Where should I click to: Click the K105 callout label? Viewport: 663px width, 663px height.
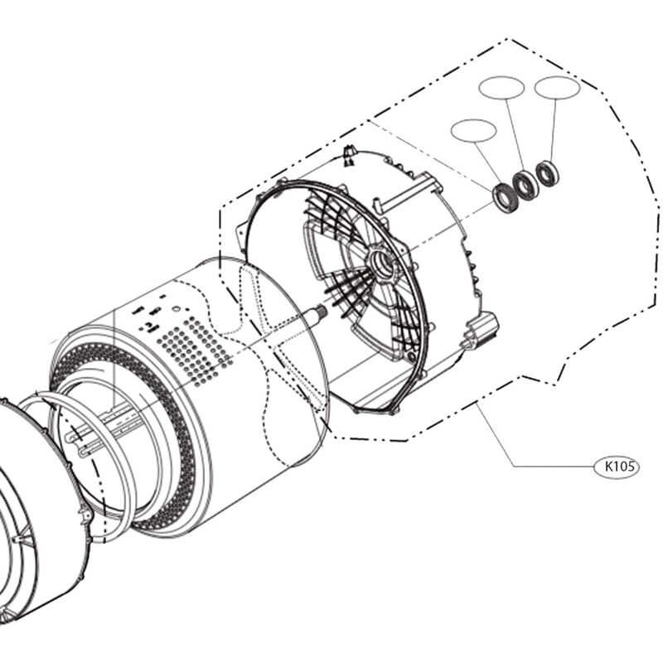click(x=618, y=467)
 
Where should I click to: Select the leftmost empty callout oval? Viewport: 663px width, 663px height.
click(x=473, y=129)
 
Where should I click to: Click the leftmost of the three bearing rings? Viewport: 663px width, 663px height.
click(x=503, y=196)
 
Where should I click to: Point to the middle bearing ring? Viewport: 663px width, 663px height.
click(x=525, y=184)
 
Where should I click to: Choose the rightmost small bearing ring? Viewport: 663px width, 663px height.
click(x=546, y=173)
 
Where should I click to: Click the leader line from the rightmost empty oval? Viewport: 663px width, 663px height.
click(x=552, y=128)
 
